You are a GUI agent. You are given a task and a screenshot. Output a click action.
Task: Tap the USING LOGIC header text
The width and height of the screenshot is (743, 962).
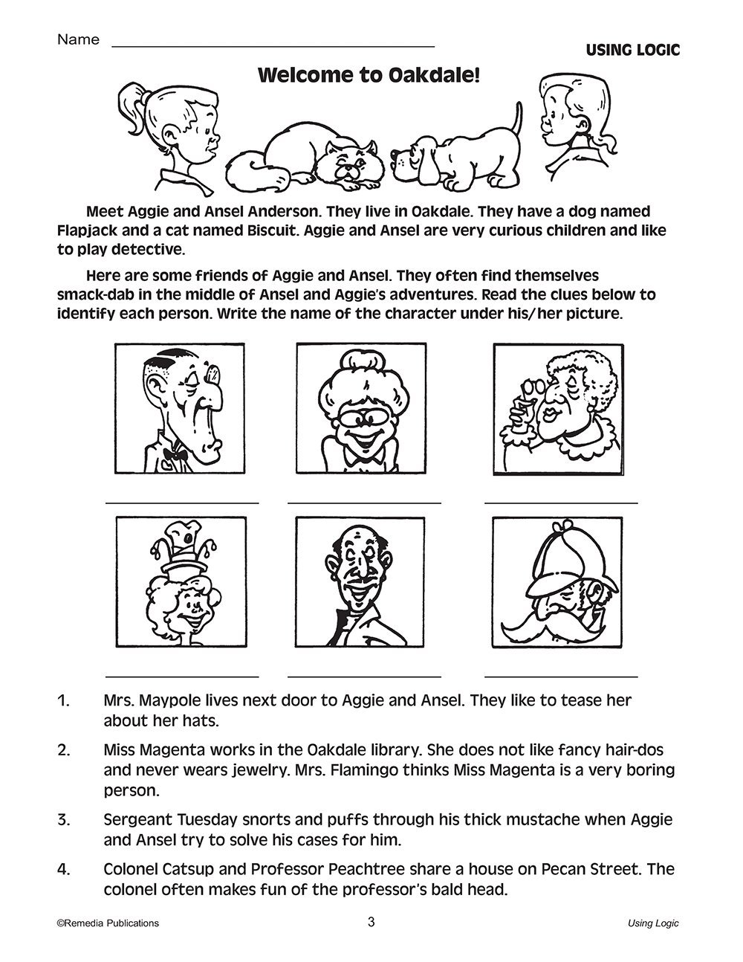[632, 51]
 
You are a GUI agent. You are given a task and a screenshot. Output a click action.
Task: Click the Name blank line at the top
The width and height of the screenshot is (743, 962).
[273, 46]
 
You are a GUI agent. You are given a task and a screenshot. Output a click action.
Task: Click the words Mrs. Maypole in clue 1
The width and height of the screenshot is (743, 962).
[146, 700]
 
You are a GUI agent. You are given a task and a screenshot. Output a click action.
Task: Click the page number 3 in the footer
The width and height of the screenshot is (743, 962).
[371, 923]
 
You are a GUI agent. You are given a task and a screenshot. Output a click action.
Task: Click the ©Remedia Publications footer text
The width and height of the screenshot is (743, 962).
[107, 923]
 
